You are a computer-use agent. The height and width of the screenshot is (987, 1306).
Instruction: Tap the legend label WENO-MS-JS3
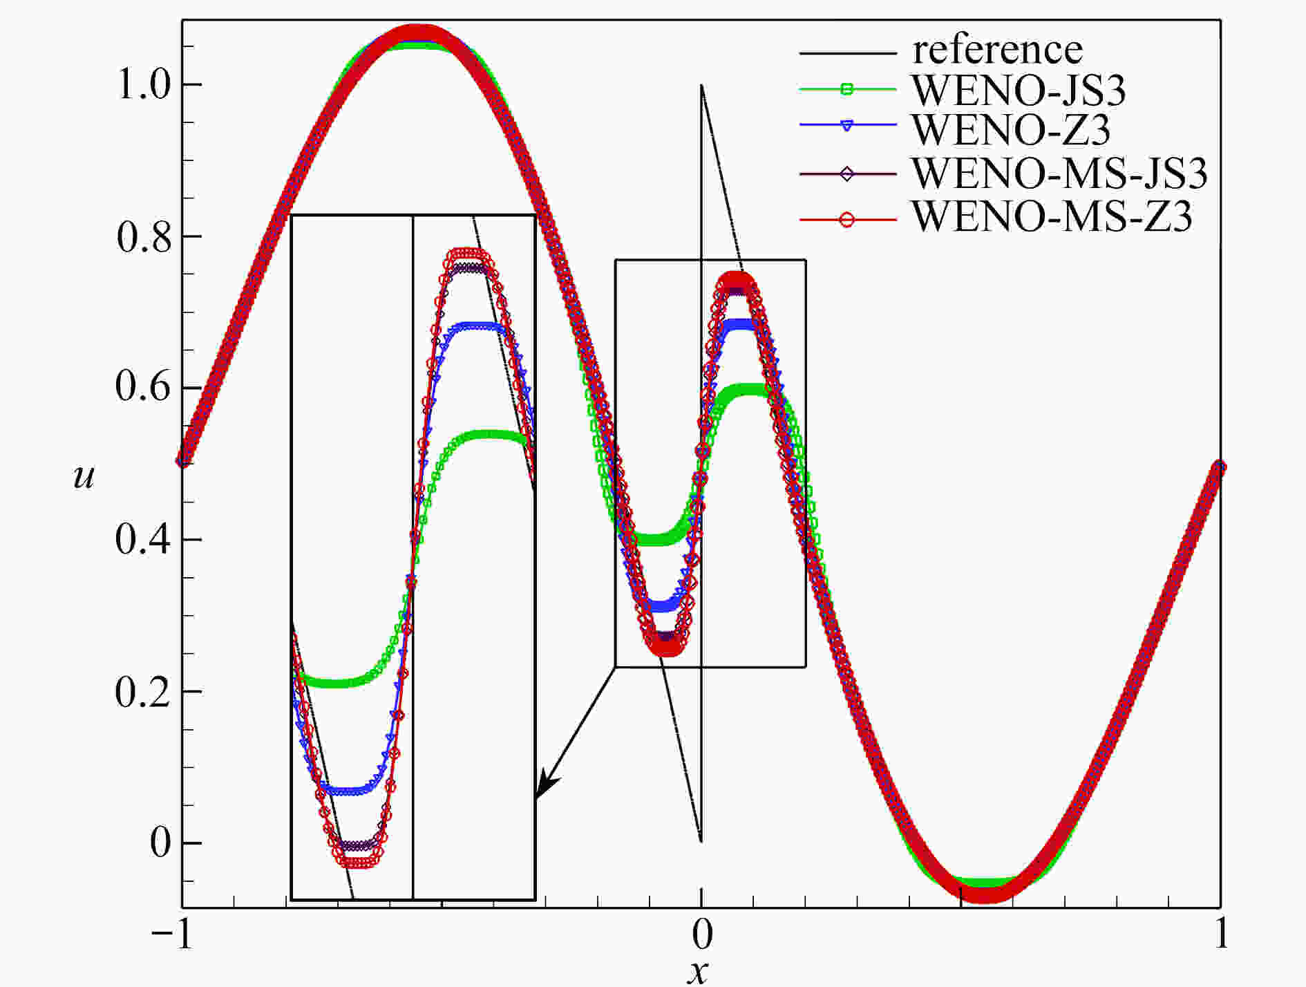click(x=1059, y=173)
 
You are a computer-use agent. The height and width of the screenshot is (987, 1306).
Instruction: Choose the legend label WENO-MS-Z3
click(x=1052, y=216)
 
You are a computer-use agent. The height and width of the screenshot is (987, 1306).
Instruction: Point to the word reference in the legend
click(x=997, y=50)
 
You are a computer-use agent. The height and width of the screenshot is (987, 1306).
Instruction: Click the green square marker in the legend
click(x=848, y=88)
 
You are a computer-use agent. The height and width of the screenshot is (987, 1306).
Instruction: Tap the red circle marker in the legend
click(x=848, y=220)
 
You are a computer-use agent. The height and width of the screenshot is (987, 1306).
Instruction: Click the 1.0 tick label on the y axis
click(x=144, y=85)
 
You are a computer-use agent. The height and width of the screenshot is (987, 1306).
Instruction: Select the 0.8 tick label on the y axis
click(x=144, y=236)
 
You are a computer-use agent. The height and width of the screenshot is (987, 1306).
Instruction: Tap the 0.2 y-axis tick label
click(x=143, y=691)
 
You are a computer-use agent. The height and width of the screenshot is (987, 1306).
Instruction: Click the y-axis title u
click(x=84, y=477)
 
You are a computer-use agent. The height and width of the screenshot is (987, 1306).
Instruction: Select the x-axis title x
click(x=699, y=972)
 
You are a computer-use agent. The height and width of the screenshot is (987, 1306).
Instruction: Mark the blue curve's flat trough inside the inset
click(x=348, y=790)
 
